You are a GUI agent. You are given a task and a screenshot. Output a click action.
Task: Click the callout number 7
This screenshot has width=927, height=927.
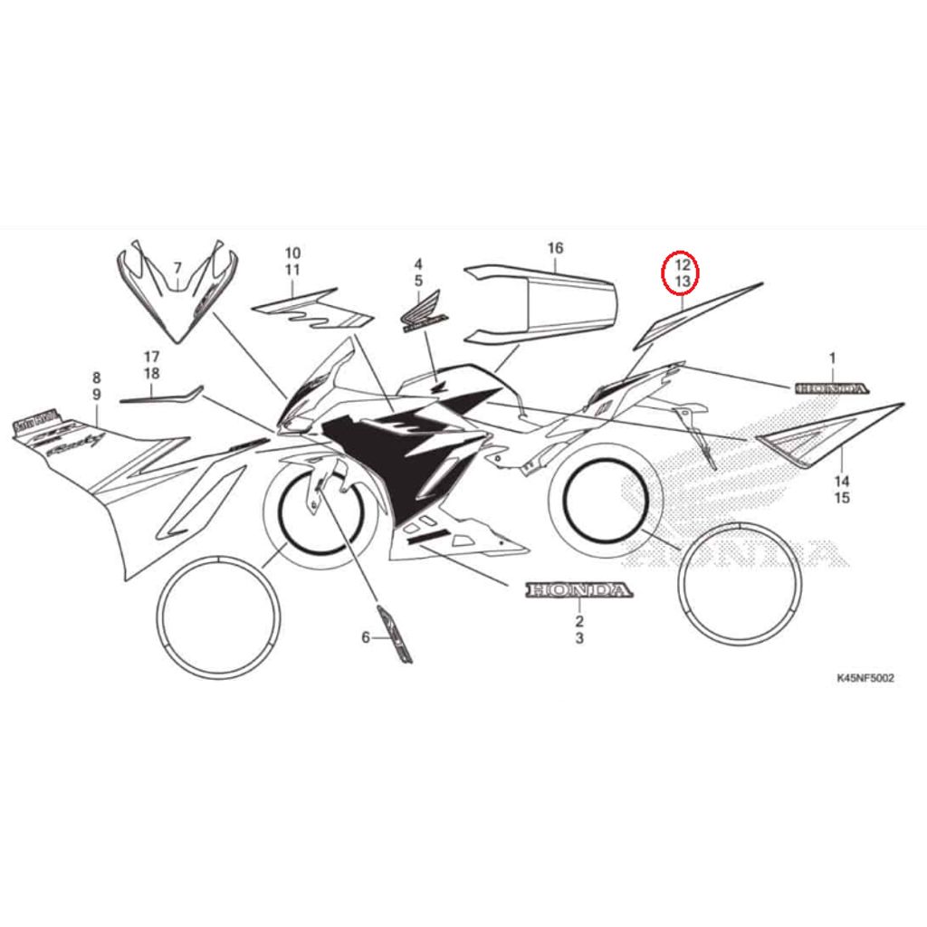click(177, 267)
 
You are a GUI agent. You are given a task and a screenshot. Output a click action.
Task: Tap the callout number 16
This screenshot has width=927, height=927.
click(556, 248)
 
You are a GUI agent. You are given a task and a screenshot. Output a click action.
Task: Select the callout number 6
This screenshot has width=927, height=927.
click(366, 637)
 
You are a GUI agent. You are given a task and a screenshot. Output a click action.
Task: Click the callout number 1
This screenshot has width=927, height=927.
click(833, 358)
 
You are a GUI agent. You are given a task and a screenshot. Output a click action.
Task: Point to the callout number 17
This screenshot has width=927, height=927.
click(151, 356)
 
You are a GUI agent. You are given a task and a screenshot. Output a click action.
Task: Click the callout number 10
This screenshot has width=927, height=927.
click(292, 253)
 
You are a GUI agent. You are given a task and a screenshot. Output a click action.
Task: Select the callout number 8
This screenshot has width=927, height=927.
click(97, 377)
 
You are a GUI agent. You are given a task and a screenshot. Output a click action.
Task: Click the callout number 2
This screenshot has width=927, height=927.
click(579, 621)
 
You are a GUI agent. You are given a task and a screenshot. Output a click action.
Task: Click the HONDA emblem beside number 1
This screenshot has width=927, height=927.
click(831, 388)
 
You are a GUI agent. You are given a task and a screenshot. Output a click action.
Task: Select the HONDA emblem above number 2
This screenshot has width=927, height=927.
click(577, 591)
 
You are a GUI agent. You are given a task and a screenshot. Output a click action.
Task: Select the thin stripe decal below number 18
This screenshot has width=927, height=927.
click(161, 394)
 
